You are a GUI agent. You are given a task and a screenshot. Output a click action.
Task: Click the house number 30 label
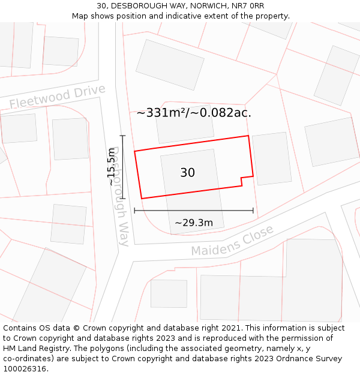[x=187, y=173]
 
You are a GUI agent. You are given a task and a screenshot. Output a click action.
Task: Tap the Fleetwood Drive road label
[x=58, y=97]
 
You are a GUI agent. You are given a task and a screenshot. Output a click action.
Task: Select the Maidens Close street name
[x=232, y=240]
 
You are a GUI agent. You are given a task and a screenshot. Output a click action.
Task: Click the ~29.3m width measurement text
[x=194, y=223]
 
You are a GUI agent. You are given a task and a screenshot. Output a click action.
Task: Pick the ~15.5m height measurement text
[x=111, y=166]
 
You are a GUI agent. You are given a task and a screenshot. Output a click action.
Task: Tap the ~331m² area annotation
[x=194, y=113]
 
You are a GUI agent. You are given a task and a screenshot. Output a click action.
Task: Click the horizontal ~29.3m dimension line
[x=194, y=211]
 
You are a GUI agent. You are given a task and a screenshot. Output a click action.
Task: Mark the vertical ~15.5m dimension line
[x=122, y=167]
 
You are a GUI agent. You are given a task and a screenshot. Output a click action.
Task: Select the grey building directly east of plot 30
[x=272, y=158]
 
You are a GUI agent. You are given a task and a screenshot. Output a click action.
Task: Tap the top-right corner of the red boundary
[x=248, y=136]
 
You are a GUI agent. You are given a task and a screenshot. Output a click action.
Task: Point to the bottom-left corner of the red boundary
[x=142, y=199]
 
